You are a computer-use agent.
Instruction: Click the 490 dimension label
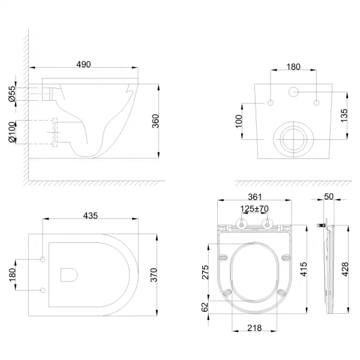click(83, 64)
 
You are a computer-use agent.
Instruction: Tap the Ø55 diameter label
click(12, 94)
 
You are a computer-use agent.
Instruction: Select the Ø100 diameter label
click(12, 132)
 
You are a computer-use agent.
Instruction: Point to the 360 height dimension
click(155, 121)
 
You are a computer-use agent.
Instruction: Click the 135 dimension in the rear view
click(344, 115)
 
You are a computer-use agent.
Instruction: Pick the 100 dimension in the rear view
click(239, 121)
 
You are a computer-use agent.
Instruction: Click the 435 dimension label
click(91, 215)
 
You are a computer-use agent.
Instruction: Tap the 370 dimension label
click(154, 275)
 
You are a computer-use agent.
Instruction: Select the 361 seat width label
click(255, 197)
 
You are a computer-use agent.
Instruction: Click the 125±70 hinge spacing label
click(254, 209)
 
